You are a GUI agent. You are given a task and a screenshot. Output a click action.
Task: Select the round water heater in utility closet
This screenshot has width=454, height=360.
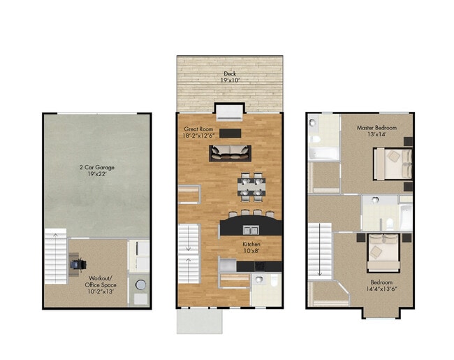pos(139,285)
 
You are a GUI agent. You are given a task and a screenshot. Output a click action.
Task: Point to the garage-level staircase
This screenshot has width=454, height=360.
pos(55,256)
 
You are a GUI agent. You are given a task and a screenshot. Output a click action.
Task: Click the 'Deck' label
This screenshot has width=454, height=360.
pos(229,77)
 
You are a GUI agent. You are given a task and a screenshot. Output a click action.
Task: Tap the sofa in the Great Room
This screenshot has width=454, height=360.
pos(232,151)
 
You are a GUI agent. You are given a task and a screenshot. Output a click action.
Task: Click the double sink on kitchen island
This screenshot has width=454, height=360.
pos(251,229)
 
